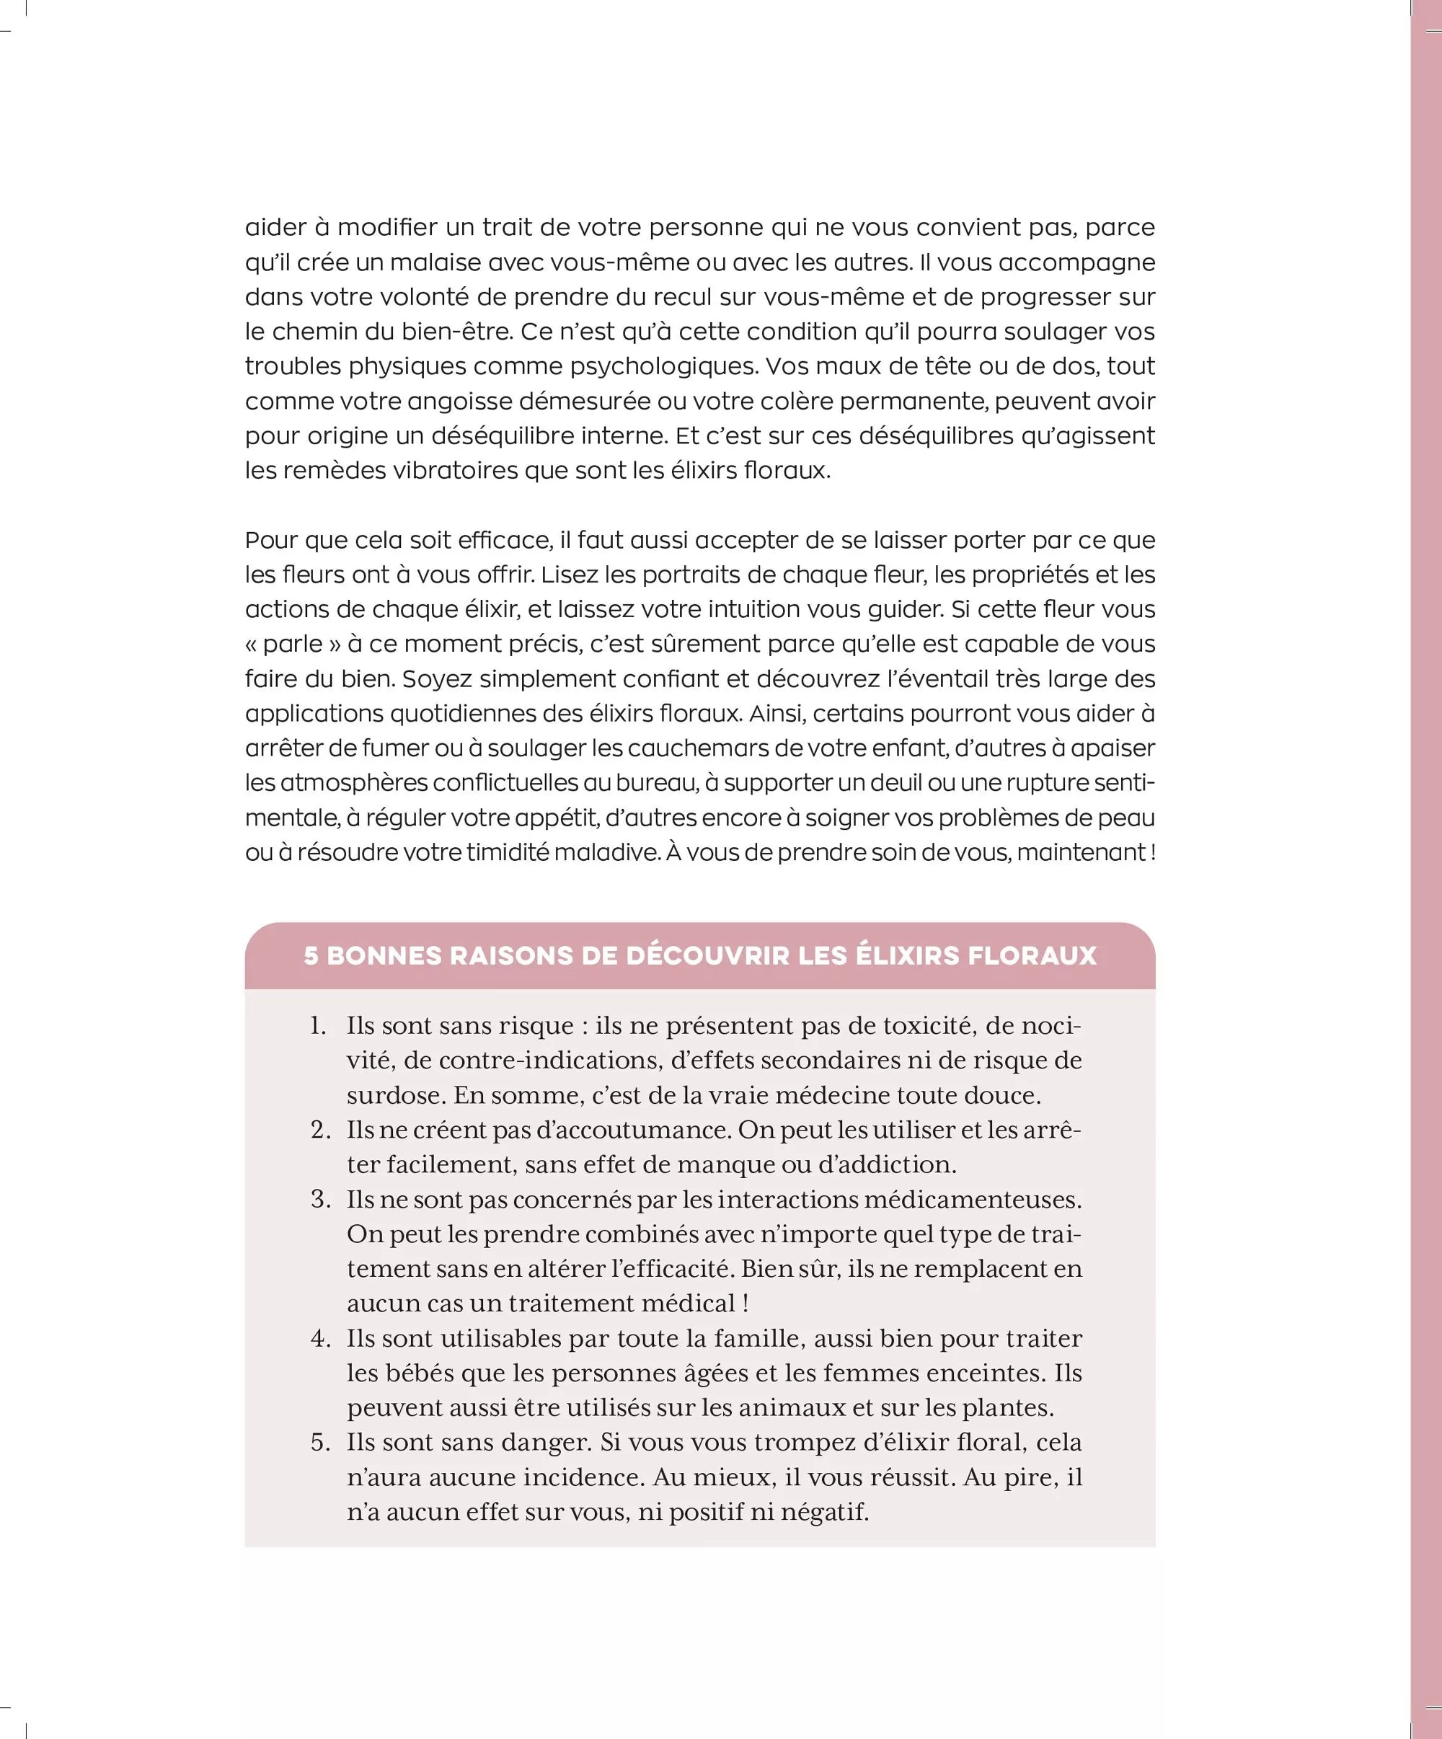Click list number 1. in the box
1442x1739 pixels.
[x=319, y=1026]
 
